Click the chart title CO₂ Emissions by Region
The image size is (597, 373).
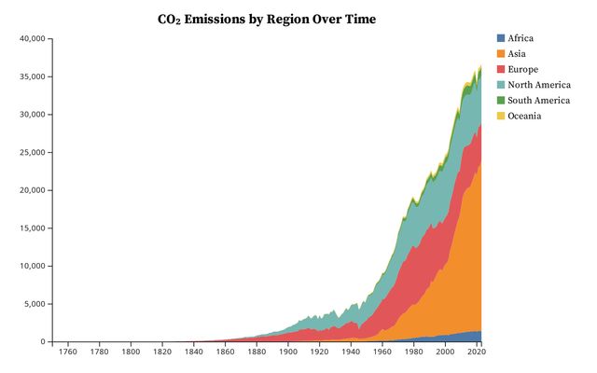267,19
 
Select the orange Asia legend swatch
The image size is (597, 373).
501,54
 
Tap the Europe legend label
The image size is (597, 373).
523,69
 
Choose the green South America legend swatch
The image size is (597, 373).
501,100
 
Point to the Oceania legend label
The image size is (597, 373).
525,116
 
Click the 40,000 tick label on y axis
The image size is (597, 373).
31,38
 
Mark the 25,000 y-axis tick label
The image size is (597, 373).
31,153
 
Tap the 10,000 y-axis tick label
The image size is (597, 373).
31,267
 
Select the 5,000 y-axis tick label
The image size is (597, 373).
34,304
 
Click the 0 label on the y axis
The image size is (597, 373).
42,342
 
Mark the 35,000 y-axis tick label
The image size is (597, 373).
31,76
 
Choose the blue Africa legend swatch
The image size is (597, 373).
501,38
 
